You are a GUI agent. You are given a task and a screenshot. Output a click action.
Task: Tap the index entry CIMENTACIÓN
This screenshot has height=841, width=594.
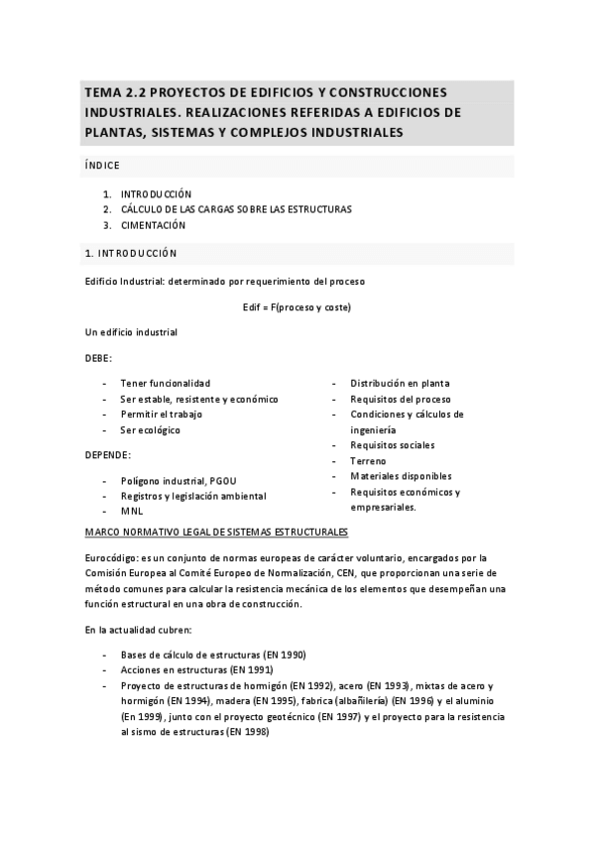154,225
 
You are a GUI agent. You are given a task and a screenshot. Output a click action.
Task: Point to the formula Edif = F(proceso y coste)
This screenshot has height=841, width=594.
297,306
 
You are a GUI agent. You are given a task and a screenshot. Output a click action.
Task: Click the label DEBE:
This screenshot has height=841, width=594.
99,357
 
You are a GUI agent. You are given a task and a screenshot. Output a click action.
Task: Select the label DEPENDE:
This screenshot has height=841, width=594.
108,454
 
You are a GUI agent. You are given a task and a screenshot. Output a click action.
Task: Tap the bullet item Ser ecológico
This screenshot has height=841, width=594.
151,430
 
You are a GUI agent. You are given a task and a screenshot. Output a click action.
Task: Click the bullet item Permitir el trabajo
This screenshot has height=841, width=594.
161,415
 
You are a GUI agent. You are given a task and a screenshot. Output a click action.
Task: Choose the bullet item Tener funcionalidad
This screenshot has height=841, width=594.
165,383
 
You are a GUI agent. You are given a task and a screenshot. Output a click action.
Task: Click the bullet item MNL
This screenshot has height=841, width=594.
132,512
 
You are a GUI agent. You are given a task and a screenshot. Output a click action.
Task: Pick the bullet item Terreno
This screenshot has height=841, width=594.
368,461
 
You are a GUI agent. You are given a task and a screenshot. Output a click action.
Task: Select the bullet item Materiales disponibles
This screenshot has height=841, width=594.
400,476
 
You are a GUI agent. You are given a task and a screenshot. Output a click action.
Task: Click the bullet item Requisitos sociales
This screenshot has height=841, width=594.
392,445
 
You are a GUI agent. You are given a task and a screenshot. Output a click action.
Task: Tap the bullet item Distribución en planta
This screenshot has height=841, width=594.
400,383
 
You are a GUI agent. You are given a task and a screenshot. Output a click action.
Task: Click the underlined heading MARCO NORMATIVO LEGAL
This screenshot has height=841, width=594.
216,533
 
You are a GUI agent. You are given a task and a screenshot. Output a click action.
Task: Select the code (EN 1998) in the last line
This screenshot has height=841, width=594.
247,732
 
